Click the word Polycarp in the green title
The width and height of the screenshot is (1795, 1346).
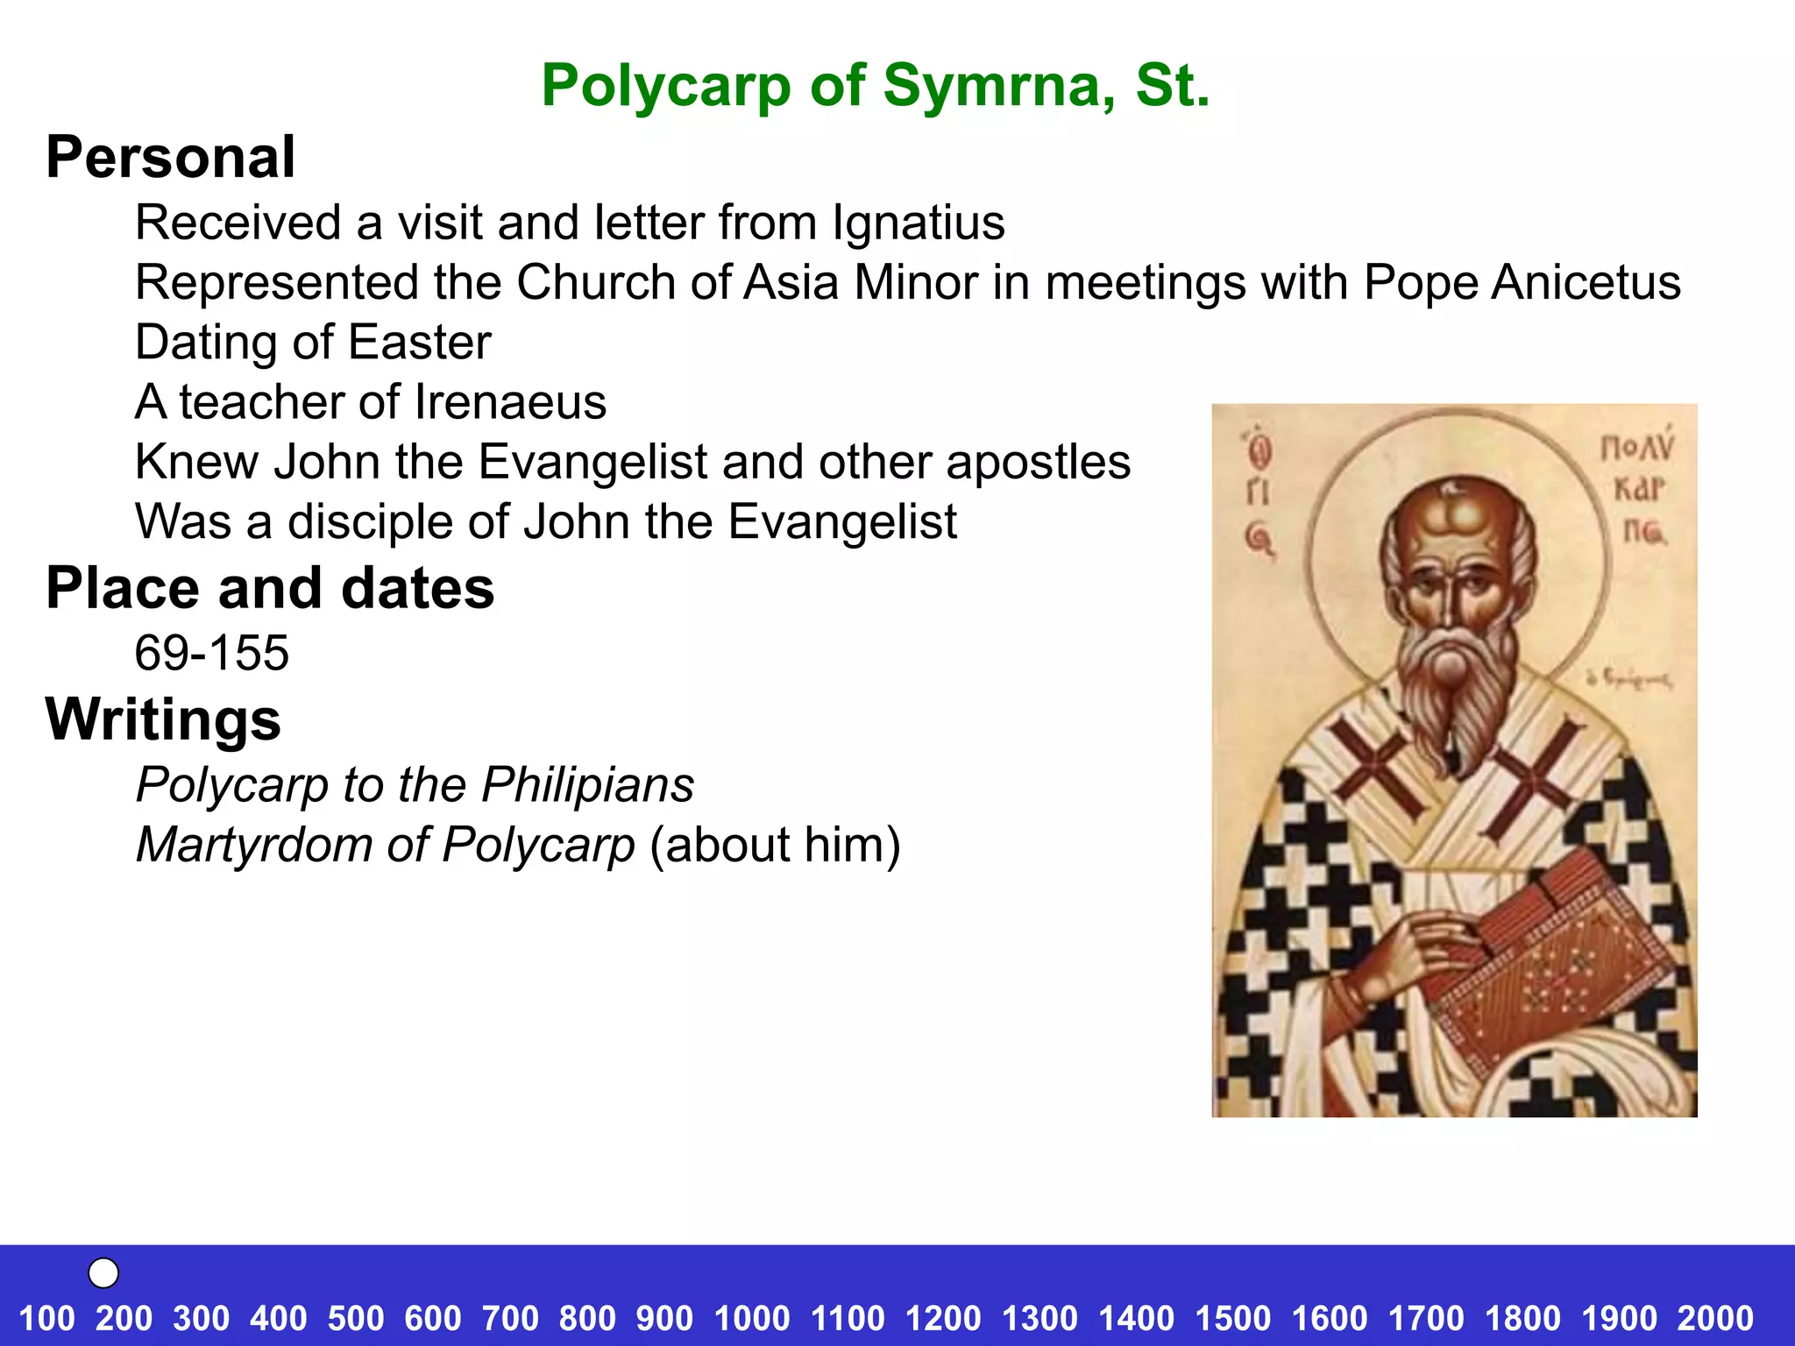click(x=665, y=87)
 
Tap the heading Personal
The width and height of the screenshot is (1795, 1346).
click(x=171, y=158)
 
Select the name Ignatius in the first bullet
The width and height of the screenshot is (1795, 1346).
click(x=918, y=223)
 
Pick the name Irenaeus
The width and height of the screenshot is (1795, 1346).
click(x=510, y=402)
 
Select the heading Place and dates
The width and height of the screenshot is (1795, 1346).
click(x=270, y=588)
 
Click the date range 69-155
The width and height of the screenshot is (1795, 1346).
click(x=211, y=653)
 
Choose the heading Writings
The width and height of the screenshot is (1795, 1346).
click(x=163, y=719)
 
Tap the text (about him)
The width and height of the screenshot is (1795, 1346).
click(x=775, y=845)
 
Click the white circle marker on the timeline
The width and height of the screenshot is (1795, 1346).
click(x=103, y=1272)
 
